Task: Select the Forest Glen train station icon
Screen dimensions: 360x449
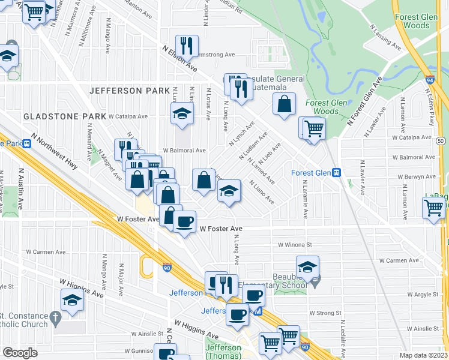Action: coord(337,172)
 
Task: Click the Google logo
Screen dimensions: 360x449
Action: coord(20,352)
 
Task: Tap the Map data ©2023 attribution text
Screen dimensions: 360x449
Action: coord(424,355)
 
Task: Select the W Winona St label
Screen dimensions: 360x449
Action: coord(295,245)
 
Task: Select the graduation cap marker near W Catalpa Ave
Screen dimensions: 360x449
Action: coord(181,113)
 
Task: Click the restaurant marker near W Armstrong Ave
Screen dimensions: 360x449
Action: coord(187,45)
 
